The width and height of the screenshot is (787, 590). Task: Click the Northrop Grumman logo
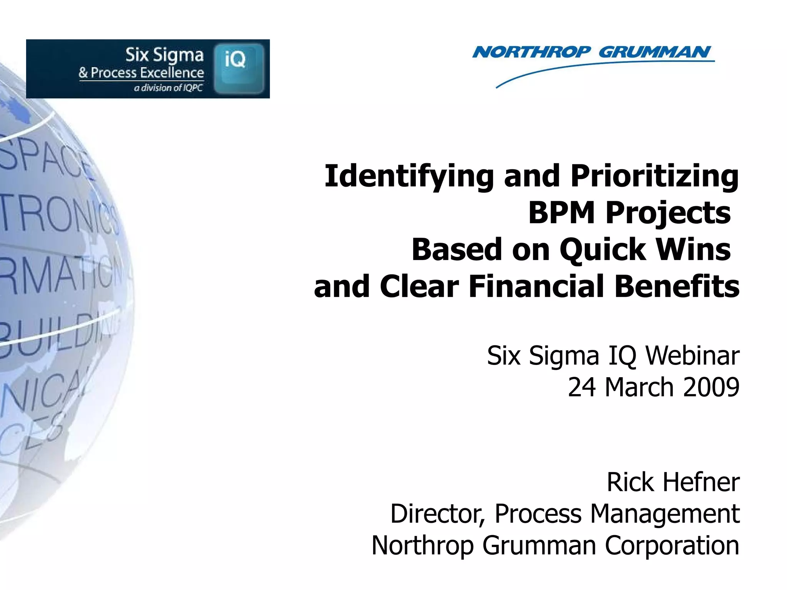592,54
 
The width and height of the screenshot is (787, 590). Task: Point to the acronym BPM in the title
562,213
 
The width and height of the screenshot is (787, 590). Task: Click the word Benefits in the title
677,287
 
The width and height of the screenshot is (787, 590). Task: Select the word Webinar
692,356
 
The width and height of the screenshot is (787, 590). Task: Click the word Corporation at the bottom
672,545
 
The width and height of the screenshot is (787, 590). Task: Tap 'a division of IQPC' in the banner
168,88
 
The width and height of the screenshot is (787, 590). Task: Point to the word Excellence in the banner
172,73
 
